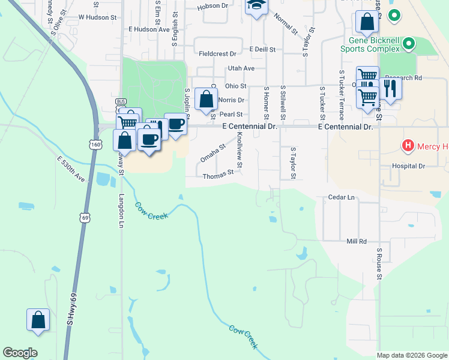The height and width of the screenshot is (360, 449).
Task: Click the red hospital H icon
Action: (x=408, y=146)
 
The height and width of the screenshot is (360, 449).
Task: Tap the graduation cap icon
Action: (x=256, y=6)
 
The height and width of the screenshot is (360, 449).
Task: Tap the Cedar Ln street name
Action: (x=342, y=197)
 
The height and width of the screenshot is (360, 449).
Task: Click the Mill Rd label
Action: (x=356, y=241)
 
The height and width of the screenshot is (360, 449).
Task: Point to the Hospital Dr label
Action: (x=408, y=166)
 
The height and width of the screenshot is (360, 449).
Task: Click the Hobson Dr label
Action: (x=212, y=6)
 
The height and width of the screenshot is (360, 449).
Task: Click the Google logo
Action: (x=20, y=353)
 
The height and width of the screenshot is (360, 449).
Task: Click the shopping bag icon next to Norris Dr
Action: (x=206, y=98)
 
